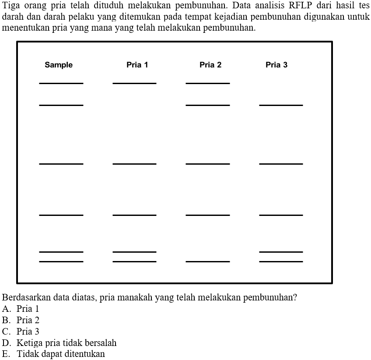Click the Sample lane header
(59, 65)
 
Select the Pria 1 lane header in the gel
(137, 65)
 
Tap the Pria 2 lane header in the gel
(210, 65)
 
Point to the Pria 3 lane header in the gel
(276, 65)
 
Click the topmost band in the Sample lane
(61, 83)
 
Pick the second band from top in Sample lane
(61, 105)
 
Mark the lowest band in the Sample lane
(61, 261)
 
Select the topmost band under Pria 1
(134, 83)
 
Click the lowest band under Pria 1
(134, 261)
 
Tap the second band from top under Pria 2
(208, 105)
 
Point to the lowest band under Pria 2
(208, 261)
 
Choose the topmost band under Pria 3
(281, 105)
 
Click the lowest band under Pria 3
(281, 261)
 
